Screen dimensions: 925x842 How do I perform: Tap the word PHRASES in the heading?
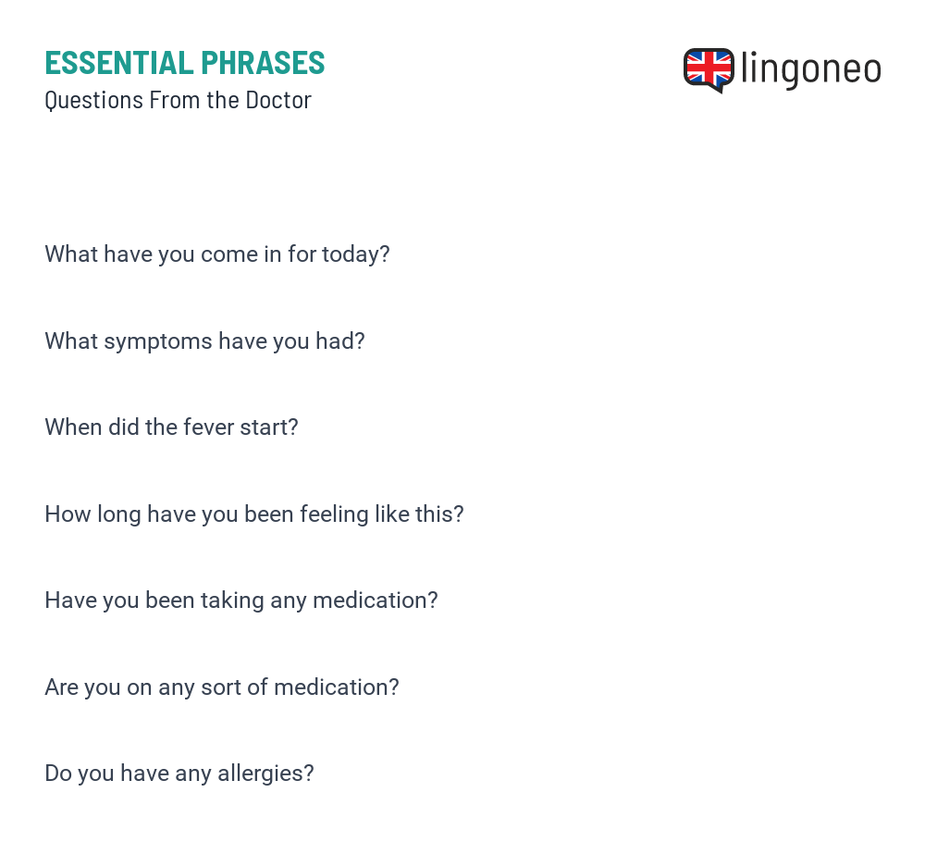(x=263, y=63)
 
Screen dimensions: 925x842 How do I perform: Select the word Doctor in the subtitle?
(x=278, y=100)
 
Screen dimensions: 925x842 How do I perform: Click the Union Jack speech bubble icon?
(x=709, y=70)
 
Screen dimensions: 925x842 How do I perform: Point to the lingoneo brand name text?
(x=811, y=69)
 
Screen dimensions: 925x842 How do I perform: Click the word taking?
(x=232, y=601)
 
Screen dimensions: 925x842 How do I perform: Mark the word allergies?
(x=265, y=774)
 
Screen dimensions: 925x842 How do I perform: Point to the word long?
(x=119, y=514)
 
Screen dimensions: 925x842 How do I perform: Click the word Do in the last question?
(x=58, y=774)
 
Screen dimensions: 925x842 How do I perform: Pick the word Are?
(x=61, y=687)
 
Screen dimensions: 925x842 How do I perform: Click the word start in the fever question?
(x=269, y=427)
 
